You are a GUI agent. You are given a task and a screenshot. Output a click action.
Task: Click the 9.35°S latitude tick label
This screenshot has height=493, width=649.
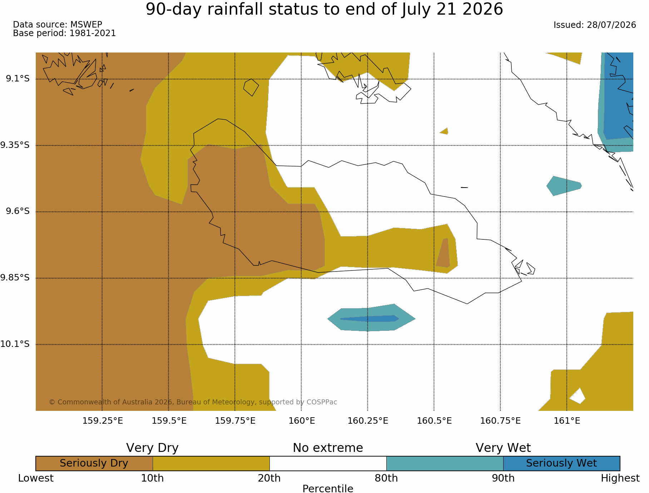coord(15,145)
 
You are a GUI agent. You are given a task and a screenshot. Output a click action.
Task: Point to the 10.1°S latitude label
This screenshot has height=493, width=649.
coord(15,344)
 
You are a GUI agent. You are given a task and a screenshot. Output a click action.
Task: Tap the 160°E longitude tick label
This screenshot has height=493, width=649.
coord(302,421)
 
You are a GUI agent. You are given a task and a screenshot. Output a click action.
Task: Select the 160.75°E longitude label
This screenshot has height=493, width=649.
coord(500,421)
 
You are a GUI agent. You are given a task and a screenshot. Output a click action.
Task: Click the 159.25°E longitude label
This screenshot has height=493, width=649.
coord(103,421)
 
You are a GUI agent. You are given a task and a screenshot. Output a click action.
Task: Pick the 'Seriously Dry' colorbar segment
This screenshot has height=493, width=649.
coord(94,463)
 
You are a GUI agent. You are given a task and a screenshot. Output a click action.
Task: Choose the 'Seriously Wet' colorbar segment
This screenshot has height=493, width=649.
coord(561,463)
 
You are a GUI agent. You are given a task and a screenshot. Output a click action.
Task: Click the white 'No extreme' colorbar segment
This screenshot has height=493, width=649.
coord(328,463)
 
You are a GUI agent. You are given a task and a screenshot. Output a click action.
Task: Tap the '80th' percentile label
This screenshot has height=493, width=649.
coord(386,478)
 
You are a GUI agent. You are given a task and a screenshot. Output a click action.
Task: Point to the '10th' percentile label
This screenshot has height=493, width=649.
coord(153,478)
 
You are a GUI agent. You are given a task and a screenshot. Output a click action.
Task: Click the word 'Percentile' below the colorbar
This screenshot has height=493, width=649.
coord(328,489)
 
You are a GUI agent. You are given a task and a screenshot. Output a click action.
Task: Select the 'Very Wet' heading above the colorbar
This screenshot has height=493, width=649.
coord(503,448)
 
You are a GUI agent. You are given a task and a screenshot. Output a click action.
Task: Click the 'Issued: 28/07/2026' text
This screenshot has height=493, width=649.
coord(595,25)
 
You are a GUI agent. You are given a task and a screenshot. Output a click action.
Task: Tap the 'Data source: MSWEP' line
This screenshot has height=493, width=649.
coord(58,25)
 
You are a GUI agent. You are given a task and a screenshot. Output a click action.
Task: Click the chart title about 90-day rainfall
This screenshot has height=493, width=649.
coord(324,9)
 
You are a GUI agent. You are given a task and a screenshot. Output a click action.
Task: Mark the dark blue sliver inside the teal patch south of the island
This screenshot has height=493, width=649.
coord(369,318)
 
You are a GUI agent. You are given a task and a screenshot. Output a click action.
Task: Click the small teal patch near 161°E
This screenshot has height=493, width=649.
coord(564,186)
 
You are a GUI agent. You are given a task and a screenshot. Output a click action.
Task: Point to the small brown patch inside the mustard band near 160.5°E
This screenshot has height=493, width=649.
coord(443,253)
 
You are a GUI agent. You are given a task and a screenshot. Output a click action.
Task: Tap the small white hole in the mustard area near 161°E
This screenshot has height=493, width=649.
coord(578,396)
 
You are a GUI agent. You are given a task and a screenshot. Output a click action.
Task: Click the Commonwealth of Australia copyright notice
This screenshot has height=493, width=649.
coord(193,402)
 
